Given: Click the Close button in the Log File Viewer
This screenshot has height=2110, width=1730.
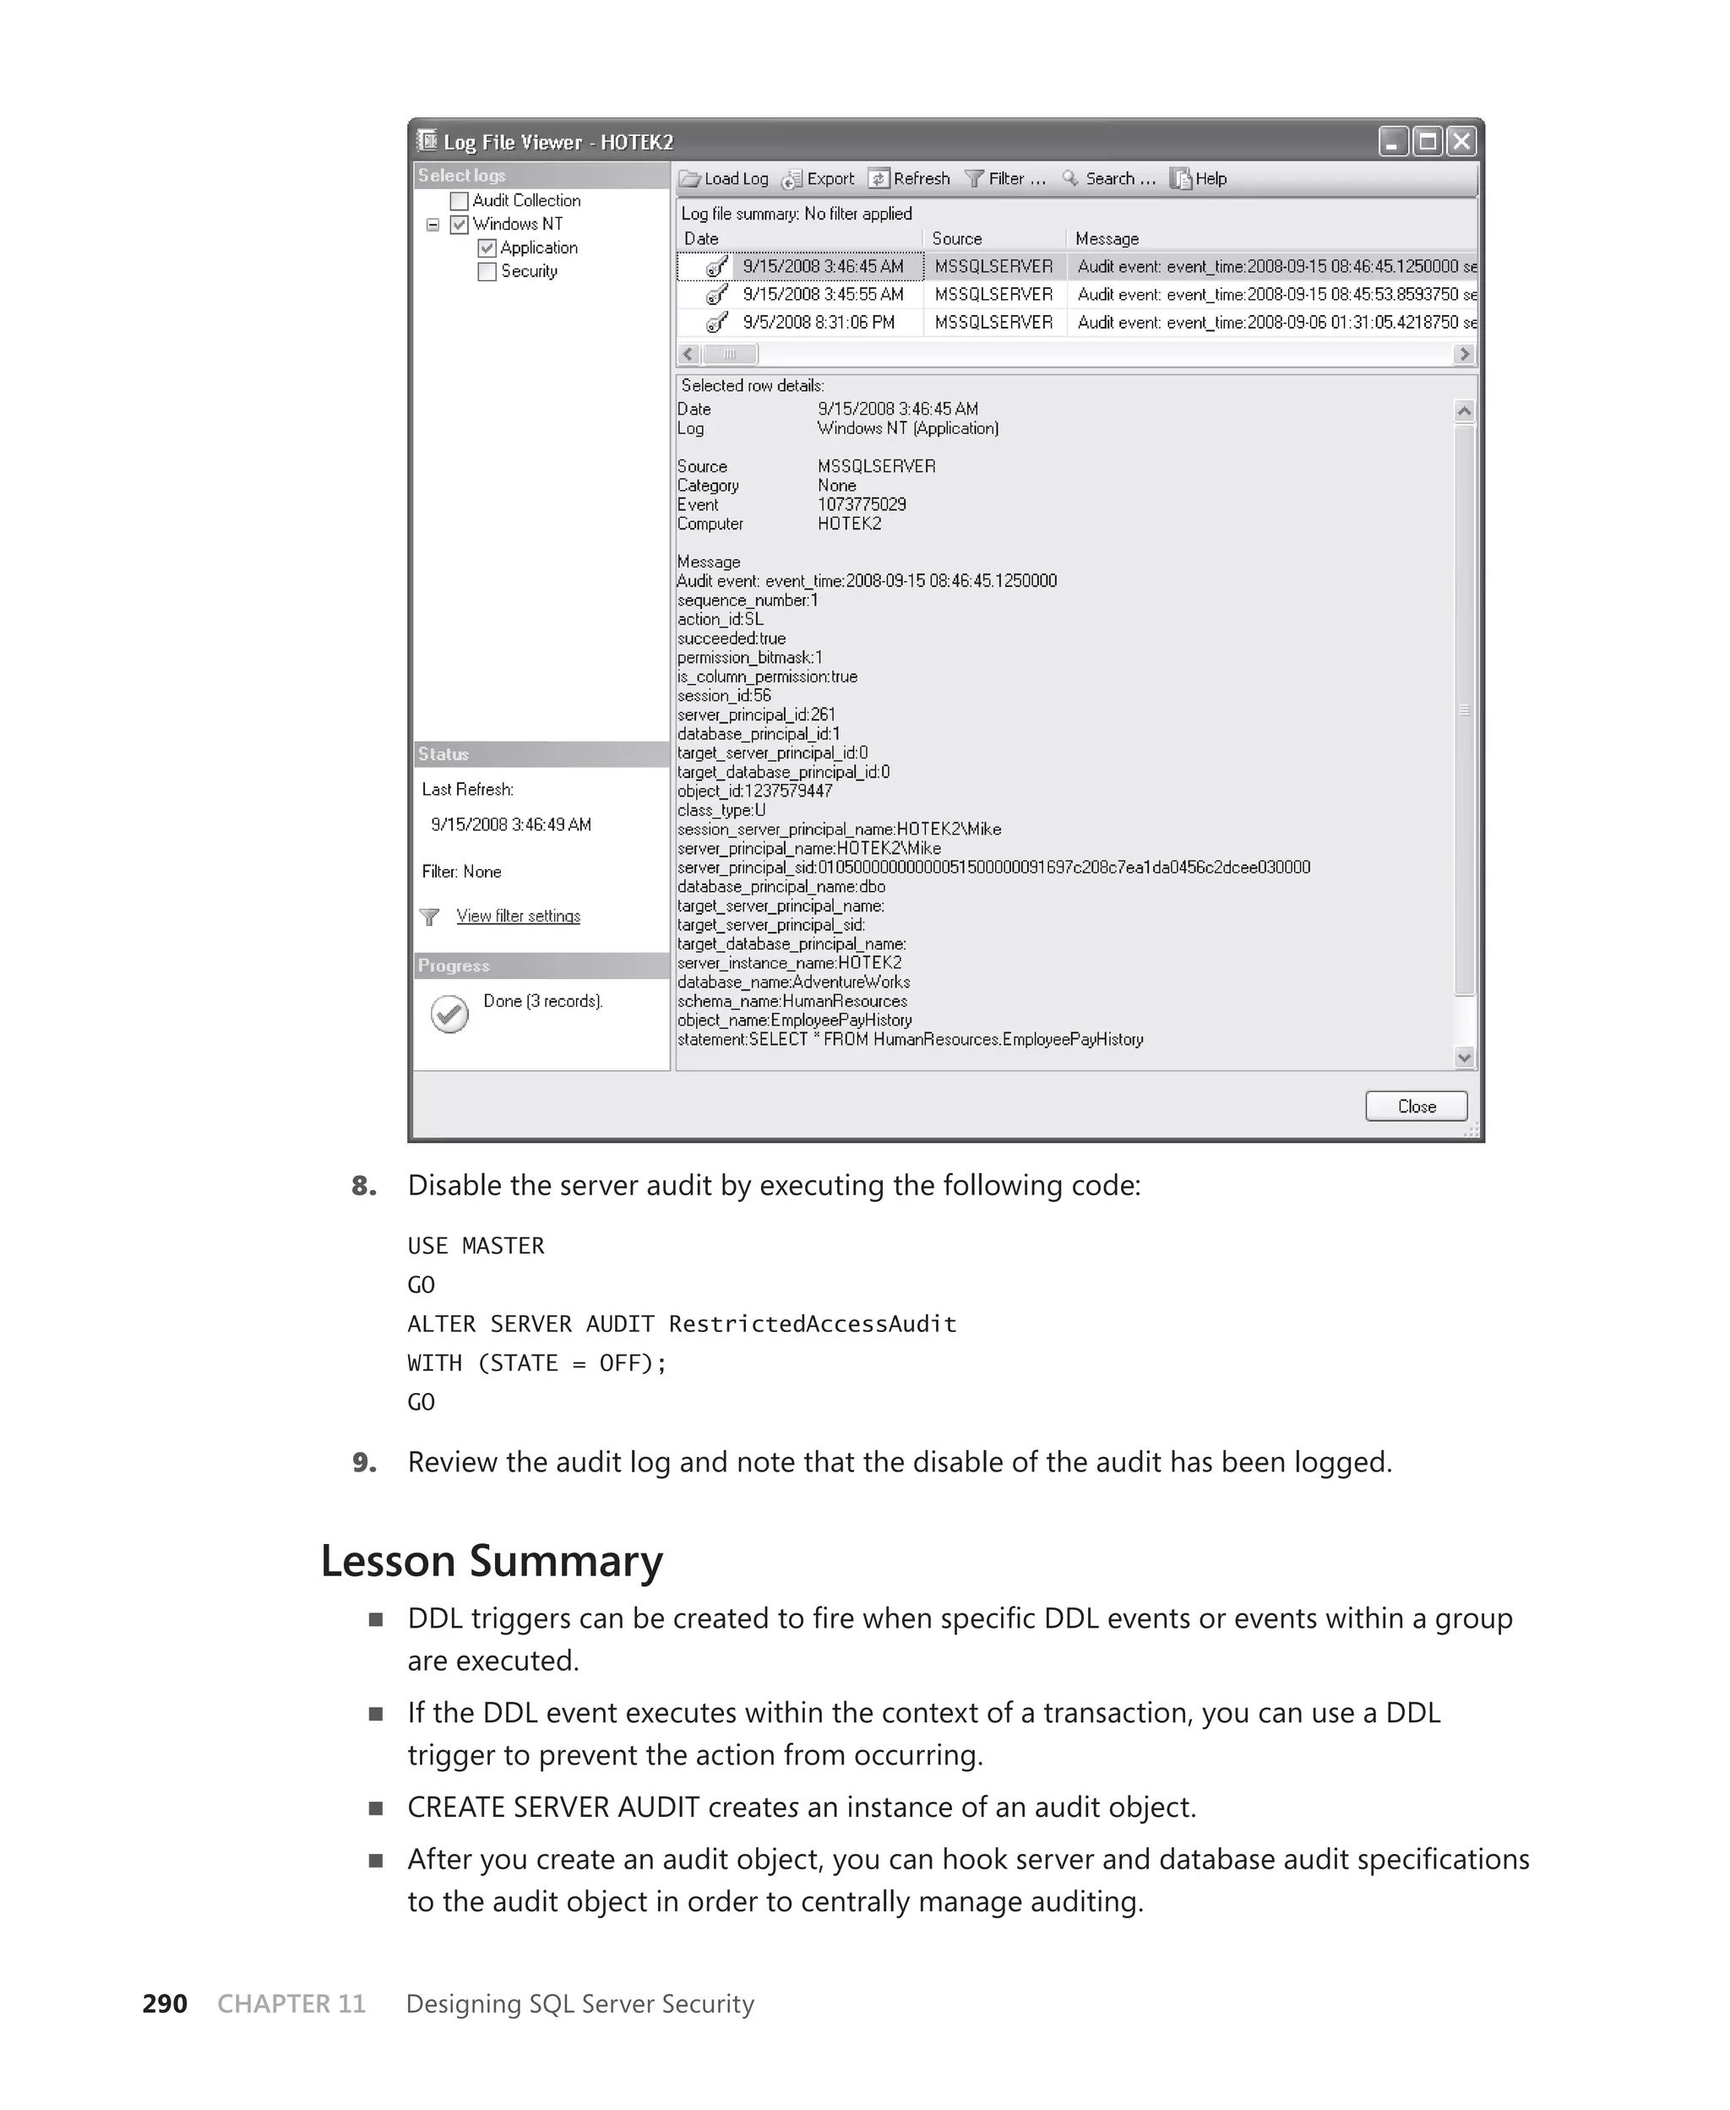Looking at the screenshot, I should [1415, 1106].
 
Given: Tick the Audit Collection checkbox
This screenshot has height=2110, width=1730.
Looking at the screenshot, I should [460, 201].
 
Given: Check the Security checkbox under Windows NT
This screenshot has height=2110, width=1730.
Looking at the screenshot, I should [487, 272].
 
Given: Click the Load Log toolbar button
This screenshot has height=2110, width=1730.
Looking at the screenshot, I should [725, 179].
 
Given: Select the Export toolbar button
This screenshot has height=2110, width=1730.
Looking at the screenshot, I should [819, 179].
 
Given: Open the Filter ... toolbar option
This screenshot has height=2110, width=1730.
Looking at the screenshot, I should [1005, 179].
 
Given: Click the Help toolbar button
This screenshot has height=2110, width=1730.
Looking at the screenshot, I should [1199, 179].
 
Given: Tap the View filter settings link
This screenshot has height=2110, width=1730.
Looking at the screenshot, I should [518, 916].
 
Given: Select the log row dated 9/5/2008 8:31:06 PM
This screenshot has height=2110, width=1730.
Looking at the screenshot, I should [819, 323].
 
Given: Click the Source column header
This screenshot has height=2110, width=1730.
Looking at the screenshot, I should [957, 239].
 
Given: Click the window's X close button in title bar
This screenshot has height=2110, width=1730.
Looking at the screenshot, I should [1461, 141].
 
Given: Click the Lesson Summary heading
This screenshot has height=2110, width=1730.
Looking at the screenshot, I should [492, 1560].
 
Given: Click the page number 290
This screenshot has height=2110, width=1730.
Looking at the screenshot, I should [165, 2004].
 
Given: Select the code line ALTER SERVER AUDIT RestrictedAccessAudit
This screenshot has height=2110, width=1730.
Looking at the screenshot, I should [682, 1324].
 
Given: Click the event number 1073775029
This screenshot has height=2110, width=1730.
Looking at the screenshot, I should [862, 504].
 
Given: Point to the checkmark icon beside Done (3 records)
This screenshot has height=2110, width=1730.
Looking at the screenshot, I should [449, 1014].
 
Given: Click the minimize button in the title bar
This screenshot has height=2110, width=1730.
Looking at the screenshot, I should [1393, 141].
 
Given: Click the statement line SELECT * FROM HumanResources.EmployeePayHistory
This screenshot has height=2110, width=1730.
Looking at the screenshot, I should [910, 1039].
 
